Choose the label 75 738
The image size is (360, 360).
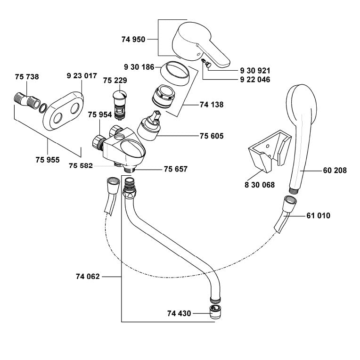click(27, 77)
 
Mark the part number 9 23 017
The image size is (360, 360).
click(82, 75)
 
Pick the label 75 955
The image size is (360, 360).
click(48, 160)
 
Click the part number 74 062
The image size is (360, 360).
click(88, 277)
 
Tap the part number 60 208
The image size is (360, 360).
click(335, 171)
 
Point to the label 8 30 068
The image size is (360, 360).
click(259, 185)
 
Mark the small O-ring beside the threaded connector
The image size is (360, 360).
click(43, 108)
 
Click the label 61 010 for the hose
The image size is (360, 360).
click(318, 216)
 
